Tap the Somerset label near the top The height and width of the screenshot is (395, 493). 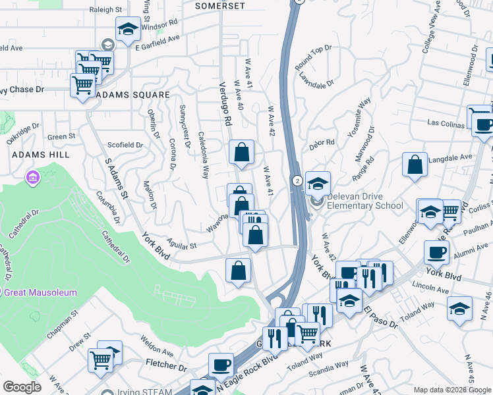coord(221,6)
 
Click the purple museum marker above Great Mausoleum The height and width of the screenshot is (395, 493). coord(32,177)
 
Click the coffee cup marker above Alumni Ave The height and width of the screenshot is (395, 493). coord(436,252)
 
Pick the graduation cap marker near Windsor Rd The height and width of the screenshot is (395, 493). coord(127,28)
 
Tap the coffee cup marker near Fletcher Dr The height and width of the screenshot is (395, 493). coord(221,365)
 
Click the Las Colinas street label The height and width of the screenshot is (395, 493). coord(446,122)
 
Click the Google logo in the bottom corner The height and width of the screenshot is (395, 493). coord(22,387)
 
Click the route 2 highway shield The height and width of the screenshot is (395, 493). coord(297,180)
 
